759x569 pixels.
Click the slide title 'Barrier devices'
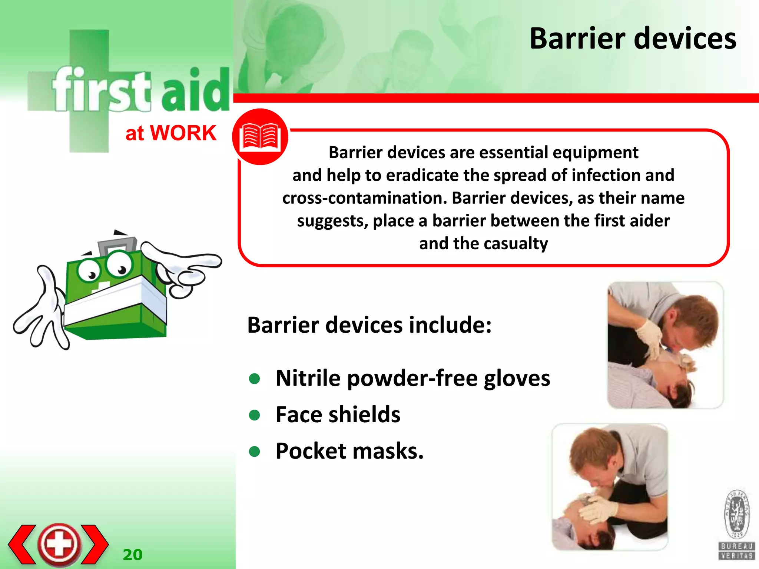click(633, 39)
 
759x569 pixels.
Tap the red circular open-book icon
click(260, 137)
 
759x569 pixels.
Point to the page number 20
click(132, 555)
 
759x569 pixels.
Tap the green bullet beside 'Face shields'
click(255, 415)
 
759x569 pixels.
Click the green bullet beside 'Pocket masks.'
click(255, 451)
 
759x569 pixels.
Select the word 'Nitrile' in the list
click(308, 378)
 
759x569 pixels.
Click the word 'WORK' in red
click(183, 133)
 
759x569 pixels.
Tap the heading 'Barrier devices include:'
click(369, 325)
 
